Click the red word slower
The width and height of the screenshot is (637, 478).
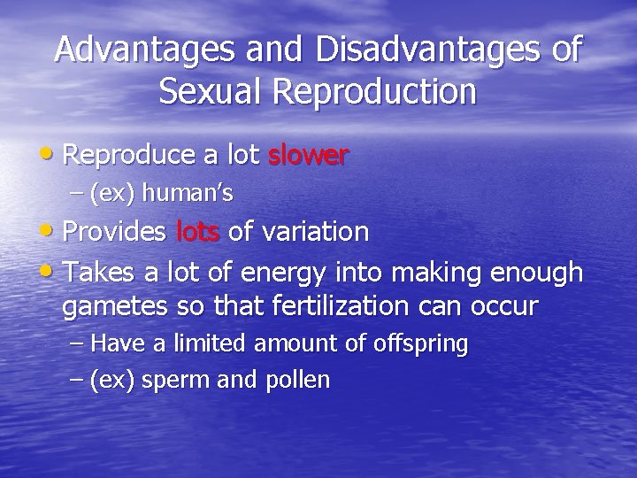[x=309, y=156]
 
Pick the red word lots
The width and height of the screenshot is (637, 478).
[x=199, y=232]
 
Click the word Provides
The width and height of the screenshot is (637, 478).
[x=115, y=232]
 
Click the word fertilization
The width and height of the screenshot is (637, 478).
[x=349, y=307]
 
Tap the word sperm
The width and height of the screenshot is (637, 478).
[x=172, y=382]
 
